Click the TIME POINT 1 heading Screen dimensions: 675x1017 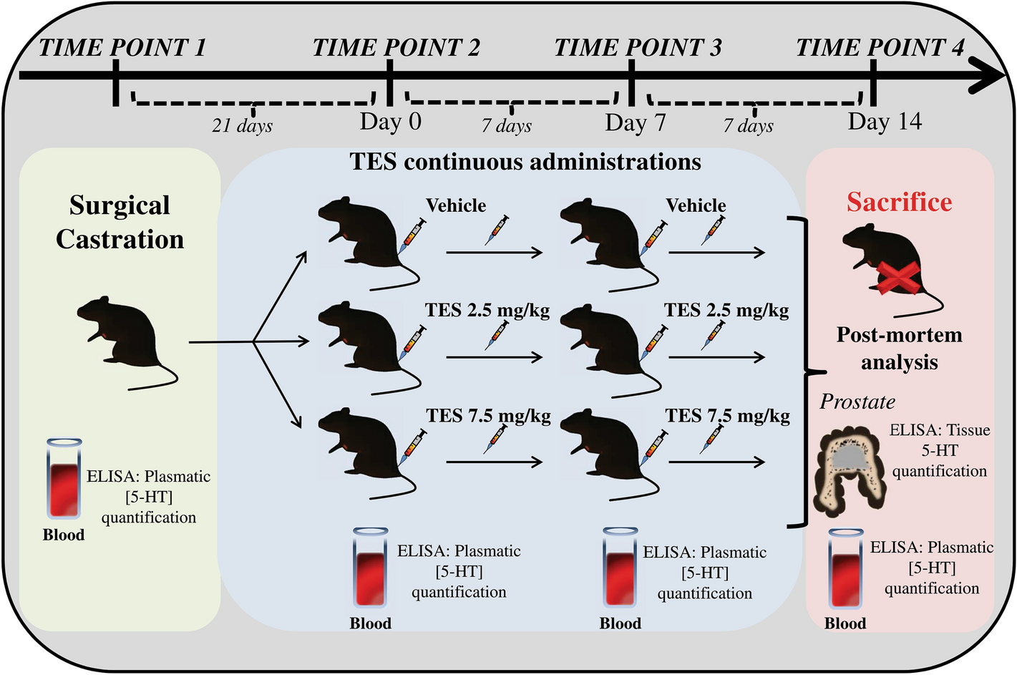[122, 47]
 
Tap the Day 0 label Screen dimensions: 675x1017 [390, 122]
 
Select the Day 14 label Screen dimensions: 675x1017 [885, 122]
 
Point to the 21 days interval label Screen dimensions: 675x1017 [242, 126]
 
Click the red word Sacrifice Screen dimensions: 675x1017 [899, 203]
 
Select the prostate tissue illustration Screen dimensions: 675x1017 [852, 472]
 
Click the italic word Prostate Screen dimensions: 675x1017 [857, 402]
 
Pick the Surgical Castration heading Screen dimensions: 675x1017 [120, 222]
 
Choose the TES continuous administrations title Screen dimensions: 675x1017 [525, 162]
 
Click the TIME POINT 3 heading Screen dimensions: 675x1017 [638, 47]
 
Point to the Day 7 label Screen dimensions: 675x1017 [635, 123]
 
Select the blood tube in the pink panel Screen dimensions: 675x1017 [846, 569]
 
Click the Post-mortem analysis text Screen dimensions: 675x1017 [899, 349]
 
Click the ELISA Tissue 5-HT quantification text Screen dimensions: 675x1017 [939, 450]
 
